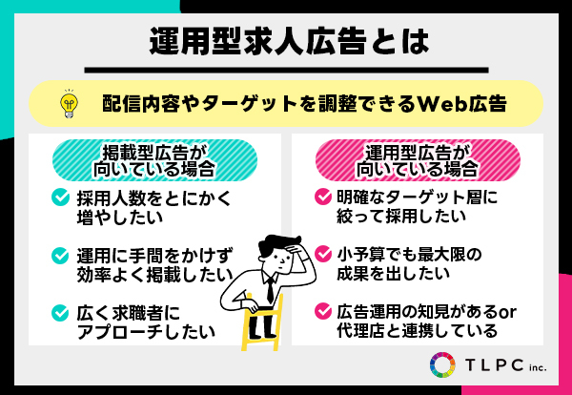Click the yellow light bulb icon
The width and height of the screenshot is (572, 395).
tap(70, 103)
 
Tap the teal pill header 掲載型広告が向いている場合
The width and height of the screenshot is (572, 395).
tap(154, 160)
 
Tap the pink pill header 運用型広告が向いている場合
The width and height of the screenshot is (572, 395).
tap(418, 160)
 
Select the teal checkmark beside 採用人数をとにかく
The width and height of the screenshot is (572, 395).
tap(60, 197)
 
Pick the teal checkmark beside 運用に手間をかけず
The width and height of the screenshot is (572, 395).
tap(60, 255)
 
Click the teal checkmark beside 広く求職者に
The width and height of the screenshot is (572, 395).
tap(60, 313)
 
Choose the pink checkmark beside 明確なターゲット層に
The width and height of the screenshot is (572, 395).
tap(323, 197)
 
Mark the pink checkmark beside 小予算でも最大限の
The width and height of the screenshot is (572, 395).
tap(323, 254)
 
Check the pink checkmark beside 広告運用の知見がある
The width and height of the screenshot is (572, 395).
tap(323, 311)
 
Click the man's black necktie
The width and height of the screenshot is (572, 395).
tap(271, 290)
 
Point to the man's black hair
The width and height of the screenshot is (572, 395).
tap(279, 244)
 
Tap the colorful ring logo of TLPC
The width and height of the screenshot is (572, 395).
tap(442, 364)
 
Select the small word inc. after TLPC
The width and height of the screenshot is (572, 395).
tap(538, 366)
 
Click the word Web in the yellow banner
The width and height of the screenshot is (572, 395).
tap(439, 104)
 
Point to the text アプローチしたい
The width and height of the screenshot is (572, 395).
tap(146, 331)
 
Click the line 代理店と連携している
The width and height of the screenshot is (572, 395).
tap(417, 330)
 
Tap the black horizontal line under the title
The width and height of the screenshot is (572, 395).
tap(286, 70)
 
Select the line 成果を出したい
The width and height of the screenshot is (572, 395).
tap(393, 273)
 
